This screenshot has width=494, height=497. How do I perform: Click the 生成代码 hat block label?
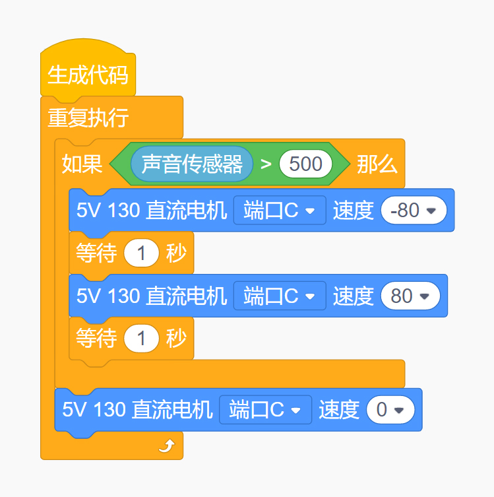pyautogui.click(x=88, y=75)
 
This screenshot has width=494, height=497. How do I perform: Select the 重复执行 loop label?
pyautogui.click(x=88, y=117)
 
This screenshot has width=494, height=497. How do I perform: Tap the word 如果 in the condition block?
pyautogui.click(x=82, y=164)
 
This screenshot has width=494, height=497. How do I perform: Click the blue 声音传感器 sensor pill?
pyautogui.click(x=192, y=164)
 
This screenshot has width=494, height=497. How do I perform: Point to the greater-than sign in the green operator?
pyautogui.click(x=266, y=164)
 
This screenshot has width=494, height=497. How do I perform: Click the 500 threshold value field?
pyautogui.click(x=305, y=164)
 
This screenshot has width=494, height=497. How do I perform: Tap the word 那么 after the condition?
pyautogui.click(x=377, y=164)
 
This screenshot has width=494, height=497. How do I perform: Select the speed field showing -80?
pyautogui.click(x=414, y=210)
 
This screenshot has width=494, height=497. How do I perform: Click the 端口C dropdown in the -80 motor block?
pyautogui.click(x=280, y=210)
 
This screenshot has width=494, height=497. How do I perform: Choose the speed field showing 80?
pyautogui.click(x=410, y=296)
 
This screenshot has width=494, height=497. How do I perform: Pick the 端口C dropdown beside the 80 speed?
pyautogui.click(x=280, y=296)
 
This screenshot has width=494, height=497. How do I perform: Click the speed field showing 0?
pyautogui.click(x=390, y=409)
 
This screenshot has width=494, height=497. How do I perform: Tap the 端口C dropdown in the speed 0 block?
pyautogui.click(x=265, y=409)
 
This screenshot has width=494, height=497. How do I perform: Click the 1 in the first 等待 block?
pyautogui.click(x=141, y=253)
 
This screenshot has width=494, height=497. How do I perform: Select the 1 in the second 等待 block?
pyautogui.click(x=141, y=338)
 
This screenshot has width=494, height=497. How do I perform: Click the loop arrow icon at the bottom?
pyautogui.click(x=167, y=446)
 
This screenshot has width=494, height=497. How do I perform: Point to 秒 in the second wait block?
pyautogui.click(x=176, y=338)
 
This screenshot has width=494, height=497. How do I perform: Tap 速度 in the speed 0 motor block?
pyautogui.click(x=339, y=409)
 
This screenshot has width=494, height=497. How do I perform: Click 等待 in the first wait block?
pyautogui.click(x=96, y=253)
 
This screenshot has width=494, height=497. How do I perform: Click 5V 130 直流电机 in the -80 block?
pyautogui.click(x=152, y=210)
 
